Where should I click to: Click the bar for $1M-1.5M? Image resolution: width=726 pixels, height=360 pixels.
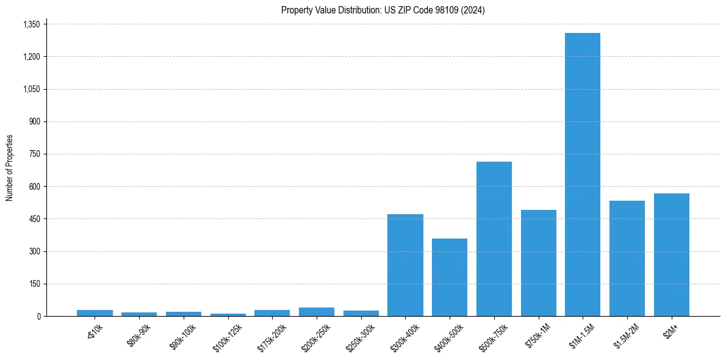583,175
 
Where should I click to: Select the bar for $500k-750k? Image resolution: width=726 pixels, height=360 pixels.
494,239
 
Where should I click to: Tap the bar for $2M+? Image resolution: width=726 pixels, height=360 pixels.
671,254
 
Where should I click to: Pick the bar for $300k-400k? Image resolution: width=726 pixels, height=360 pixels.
405,265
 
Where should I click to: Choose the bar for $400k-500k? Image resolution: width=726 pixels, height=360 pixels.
450,277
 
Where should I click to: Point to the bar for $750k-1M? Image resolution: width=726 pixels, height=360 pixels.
538,263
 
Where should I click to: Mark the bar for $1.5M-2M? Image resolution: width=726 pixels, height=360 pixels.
627,258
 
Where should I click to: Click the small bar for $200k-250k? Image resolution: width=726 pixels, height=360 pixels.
317,312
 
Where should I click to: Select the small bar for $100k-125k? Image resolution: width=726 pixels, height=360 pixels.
228,315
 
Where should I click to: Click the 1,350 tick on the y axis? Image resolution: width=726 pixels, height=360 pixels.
31,24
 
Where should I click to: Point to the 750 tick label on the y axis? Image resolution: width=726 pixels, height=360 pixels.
34,154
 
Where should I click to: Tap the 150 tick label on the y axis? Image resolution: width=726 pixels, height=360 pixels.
34,284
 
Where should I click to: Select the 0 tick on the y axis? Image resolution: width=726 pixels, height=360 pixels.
38,316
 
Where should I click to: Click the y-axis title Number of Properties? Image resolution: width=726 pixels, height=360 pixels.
9,168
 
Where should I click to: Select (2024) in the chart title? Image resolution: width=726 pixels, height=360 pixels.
473,10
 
